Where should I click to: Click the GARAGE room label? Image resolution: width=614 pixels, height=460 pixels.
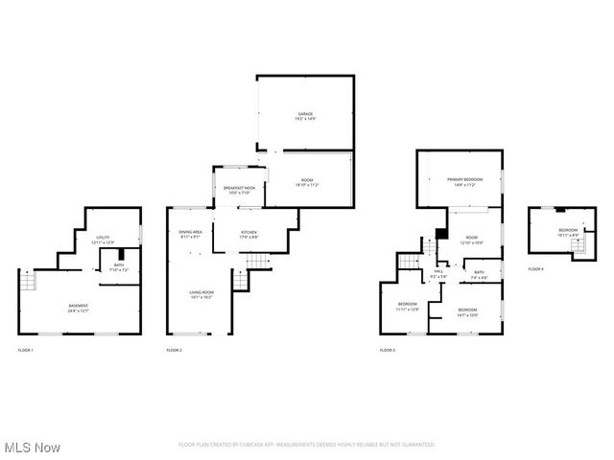click(305, 115)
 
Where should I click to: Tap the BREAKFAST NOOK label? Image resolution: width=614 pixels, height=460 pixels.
click(239, 189)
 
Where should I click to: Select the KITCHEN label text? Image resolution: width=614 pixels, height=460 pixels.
click(248, 233)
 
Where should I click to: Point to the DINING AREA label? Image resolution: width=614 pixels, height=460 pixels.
click(190, 233)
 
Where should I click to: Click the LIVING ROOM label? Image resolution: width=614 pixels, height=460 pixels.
click(201, 294)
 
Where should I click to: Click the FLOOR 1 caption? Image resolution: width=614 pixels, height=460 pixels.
click(26, 351)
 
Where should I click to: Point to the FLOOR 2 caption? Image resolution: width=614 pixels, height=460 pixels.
click(174, 351)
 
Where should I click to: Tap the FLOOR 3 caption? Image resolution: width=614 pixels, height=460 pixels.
click(387, 351)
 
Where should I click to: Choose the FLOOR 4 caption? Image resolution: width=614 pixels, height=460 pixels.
click(535, 269)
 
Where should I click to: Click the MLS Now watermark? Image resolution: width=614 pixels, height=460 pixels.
click(32, 448)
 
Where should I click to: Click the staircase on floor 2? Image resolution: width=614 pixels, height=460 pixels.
click(256, 262)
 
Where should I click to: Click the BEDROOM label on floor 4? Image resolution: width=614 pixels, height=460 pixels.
click(569, 231)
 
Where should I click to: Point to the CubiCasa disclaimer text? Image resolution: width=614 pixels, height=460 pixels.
click(307, 445)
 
